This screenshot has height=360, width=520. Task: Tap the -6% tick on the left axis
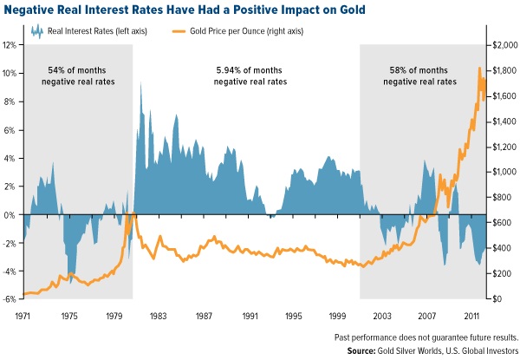tap(10, 299)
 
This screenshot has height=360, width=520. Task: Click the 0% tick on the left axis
tap(11, 214)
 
